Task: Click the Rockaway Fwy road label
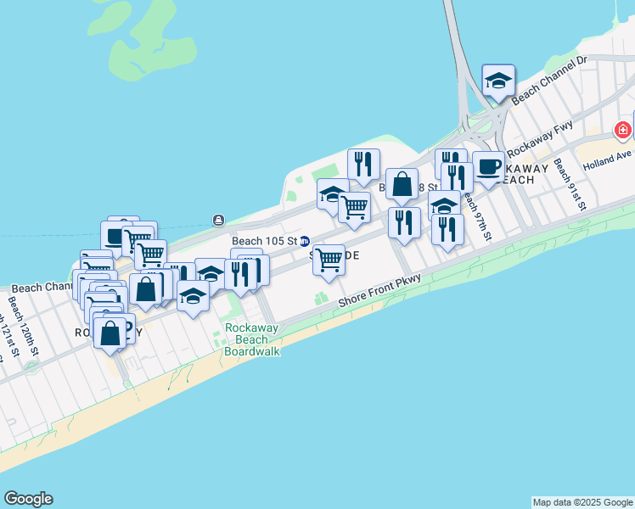pyautogui.click(x=540, y=135)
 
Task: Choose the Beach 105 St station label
pyautogui.click(x=264, y=241)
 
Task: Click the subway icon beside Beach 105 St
pyautogui.click(x=305, y=241)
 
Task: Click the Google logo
pyautogui.click(x=28, y=499)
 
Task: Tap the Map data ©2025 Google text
pyautogui.click(x=582, y=502)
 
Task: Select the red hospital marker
pyautogui.click(x=622, y=130)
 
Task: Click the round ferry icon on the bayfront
pyautogui.click(x=218, y=221)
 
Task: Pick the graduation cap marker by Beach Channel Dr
pyautogui.click(x=498, y=82)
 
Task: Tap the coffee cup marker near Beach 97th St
pyautogui.click(x=488, y=167)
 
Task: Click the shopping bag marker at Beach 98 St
pyautogui.click(x=402, y=185)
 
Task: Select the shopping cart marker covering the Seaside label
pyautogui.click(x=329, y=260)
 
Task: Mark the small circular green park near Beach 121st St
pyautogui.click(x=31, y=367)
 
